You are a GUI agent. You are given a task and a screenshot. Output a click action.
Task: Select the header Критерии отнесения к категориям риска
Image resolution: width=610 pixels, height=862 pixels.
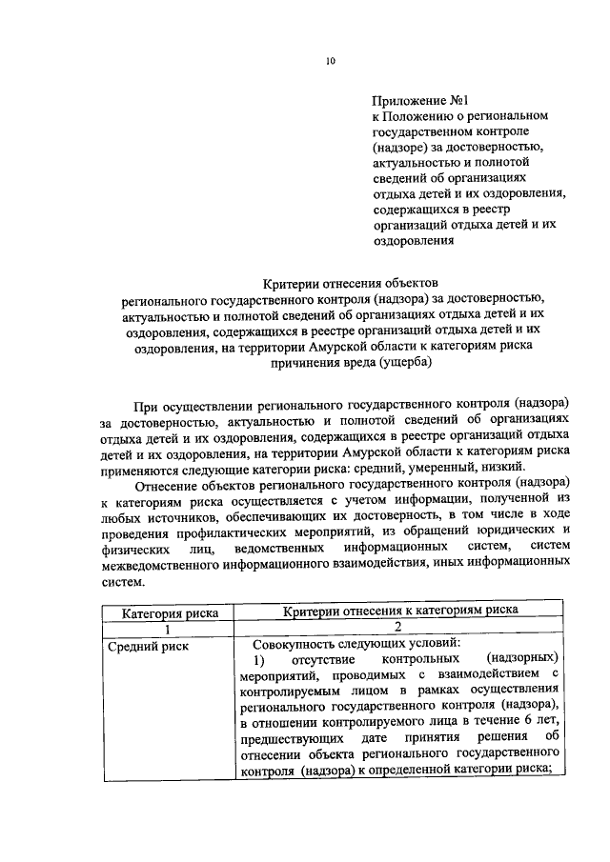400,611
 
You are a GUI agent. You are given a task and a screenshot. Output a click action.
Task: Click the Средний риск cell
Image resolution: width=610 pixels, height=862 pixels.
149,646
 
